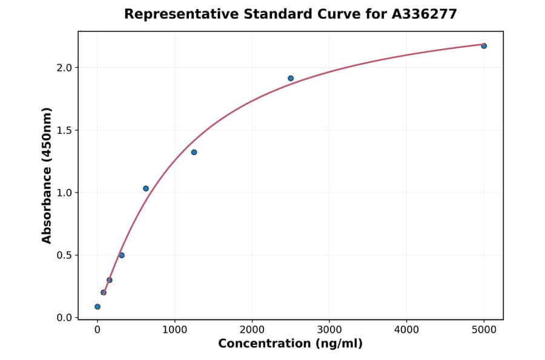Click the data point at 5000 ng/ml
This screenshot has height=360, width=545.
tap(484, 46)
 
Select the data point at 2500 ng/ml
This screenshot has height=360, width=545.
tap(291, 78)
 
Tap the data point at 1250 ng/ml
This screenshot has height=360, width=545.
tap(194, 152)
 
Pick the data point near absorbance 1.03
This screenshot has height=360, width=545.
tap(146, 188)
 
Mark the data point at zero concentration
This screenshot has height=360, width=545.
tap(97, 307)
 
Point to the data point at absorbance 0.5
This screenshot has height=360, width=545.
tap(122, 255)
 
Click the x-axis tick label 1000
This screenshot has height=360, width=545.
tap(174, 330)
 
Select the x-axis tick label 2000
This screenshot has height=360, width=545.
tap(252, 330)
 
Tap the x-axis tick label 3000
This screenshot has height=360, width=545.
tap(329, 330)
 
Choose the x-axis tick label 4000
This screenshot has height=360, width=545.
tap(406, 330)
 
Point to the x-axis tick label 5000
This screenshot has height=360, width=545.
tap(484, 330)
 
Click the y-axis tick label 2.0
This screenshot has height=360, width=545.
tap(63, 68)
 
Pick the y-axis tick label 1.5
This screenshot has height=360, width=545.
tap(63, 130)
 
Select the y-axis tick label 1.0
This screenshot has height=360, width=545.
tap(63, 193)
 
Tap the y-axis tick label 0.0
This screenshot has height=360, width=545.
tap(63, 318)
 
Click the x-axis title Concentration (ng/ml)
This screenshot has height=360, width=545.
tap(290, 344)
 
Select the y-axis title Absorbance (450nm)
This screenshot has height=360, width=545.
tap(47, 175)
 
